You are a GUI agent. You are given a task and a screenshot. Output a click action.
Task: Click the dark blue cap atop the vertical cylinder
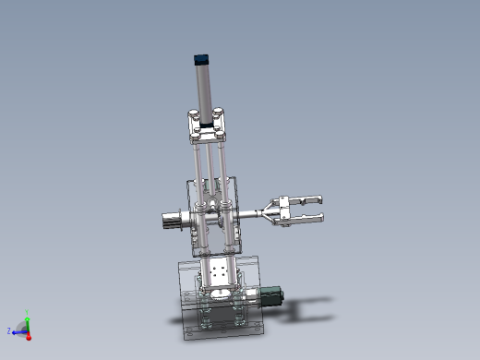coord(201,59)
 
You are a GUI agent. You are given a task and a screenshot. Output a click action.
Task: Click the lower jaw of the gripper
coord(306,219)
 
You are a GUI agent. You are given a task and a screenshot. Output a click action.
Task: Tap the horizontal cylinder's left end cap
coord(170,221)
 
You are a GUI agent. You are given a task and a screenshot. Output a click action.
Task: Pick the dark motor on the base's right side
coord(270,296)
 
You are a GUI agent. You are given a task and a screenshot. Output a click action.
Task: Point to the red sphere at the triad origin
coord(28,338)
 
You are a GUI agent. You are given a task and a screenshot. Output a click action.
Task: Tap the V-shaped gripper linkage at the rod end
coord(273,213)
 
